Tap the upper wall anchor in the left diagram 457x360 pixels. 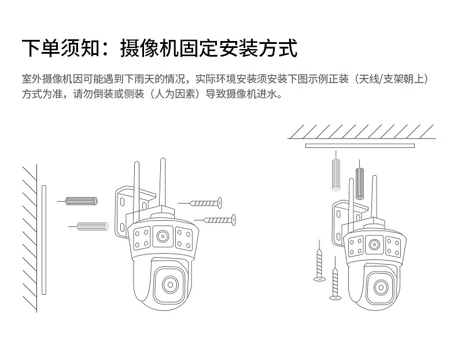coord(82,201)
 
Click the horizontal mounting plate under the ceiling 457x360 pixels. coord(359,146)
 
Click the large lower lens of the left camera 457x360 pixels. coord(169,284)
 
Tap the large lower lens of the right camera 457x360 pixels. coord(380,287)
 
